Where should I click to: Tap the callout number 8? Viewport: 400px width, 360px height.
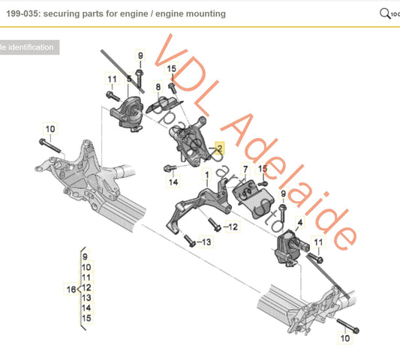tap(158, 87)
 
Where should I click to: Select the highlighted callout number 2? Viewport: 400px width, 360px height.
tap(219, 149)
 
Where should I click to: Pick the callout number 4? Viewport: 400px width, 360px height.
tap(301, 222)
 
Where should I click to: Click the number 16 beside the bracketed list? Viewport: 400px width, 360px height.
tap(71, 289)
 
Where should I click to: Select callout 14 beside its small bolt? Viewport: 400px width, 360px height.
tap(173, 181)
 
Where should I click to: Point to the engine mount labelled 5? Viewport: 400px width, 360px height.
tap(127, 113)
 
